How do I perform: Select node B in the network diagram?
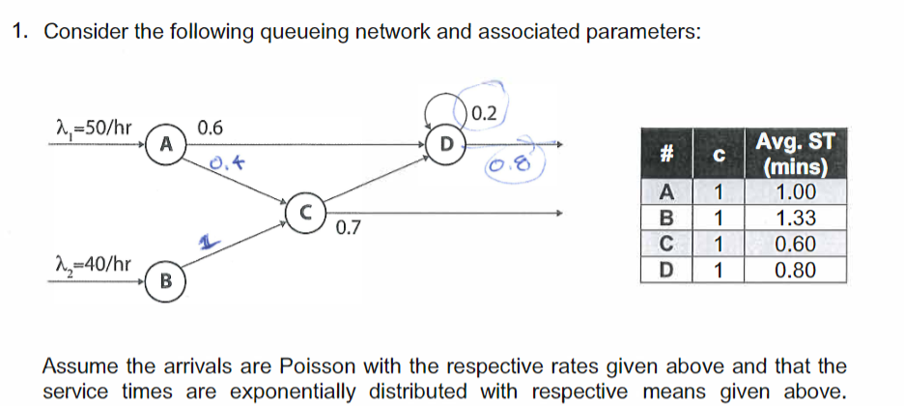point(166,281)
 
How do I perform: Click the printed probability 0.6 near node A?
point(210,128)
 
